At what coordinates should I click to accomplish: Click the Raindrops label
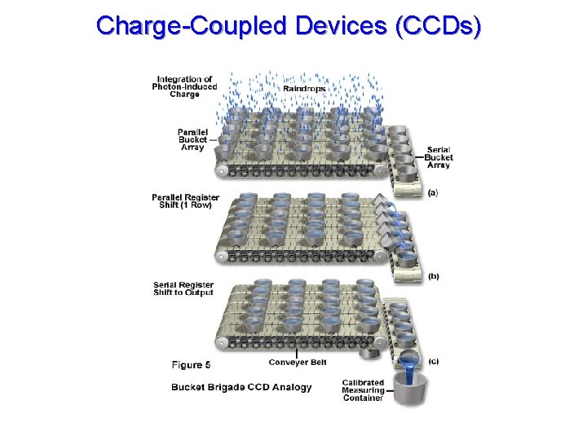click(304, 88)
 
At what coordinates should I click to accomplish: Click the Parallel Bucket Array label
click(192, 139)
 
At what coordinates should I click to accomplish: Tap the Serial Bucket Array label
click(438, 157)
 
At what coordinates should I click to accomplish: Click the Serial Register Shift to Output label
click(183, 288)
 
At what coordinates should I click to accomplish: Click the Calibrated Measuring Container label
click(364, 390)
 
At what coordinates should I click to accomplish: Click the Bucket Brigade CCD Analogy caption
click(241, 387)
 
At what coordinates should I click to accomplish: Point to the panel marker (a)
click(433, 192)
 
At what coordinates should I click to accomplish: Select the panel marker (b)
click(434, 276)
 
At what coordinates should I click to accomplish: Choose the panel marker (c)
click(433, 361)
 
